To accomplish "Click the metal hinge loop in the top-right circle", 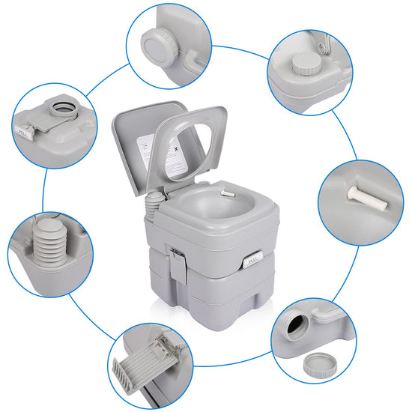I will point(324,46).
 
